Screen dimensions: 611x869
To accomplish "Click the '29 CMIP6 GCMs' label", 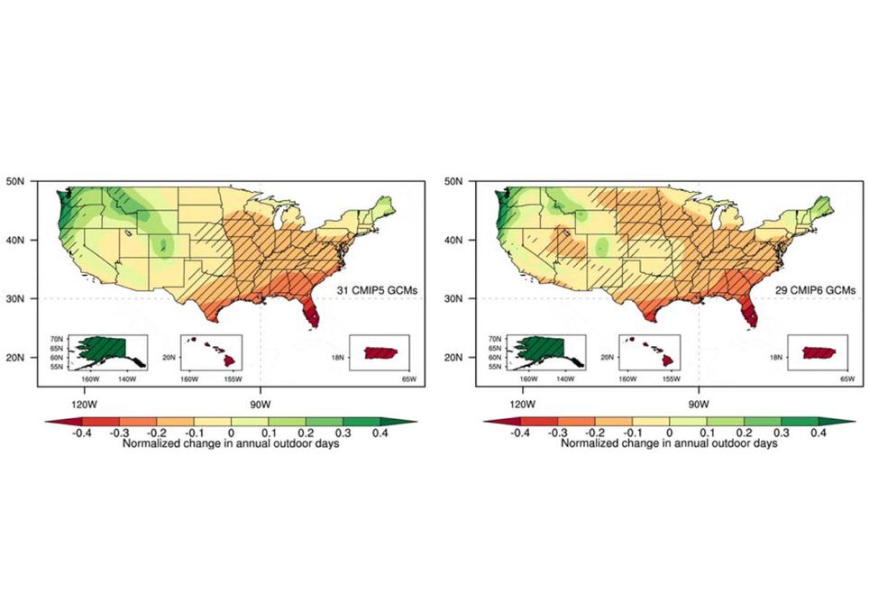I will (x=815, y=290).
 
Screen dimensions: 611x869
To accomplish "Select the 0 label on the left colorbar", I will (x=231, y=433).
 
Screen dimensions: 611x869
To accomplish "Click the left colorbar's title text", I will (x=231, y=444).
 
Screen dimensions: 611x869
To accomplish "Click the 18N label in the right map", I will (x=774, y=358).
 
